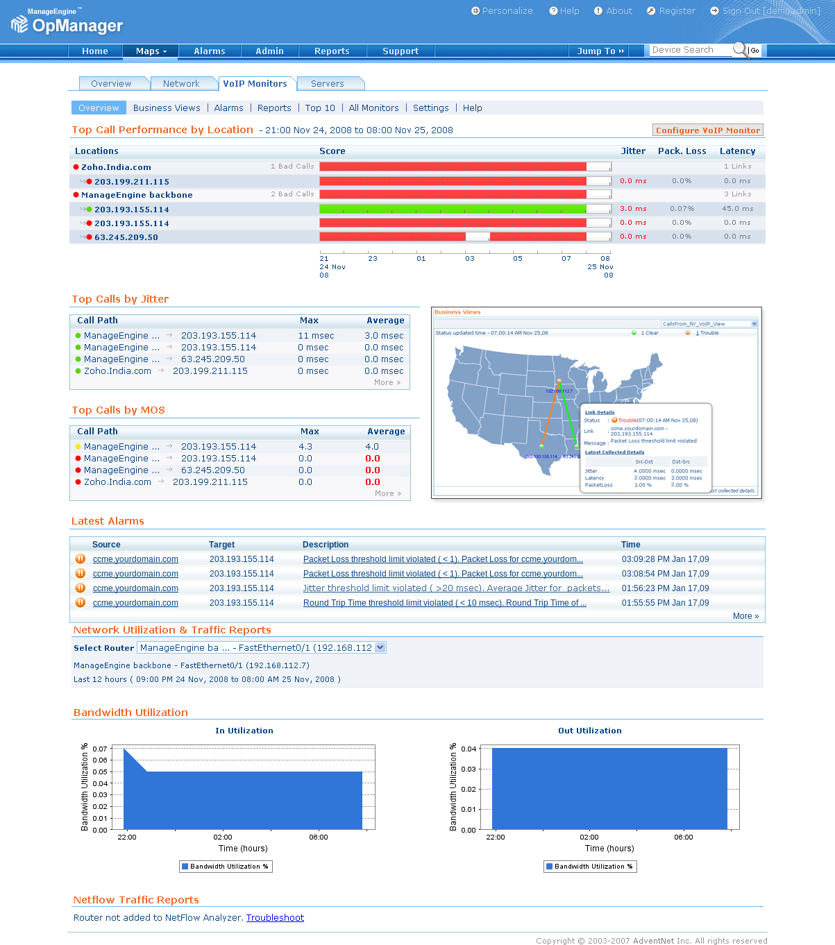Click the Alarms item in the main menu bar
click(x=209, y=51)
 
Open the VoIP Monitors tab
click(x=255, y=84)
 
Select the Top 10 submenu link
click(x=320, y=108)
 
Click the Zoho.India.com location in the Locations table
click(x=116, y=167)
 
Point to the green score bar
click(x=453, y=209)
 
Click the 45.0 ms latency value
click(x=737, y=209)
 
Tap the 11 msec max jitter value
click(x=316, y=336)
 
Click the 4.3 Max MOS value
click(x=305, y=447)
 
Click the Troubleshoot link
click(x=275, y=918)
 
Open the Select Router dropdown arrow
click(x=380, y=647)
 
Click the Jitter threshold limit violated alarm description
click(x=456, y=588)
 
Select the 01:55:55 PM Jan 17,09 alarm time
click(x=665, y=603)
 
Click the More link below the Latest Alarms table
click(x=745, y=616)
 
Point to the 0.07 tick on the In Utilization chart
click(x=100, y=749)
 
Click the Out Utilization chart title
click(x=589, y=731)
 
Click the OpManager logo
click(x=67, y=24)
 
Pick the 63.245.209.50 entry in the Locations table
click(x=126, y=237)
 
